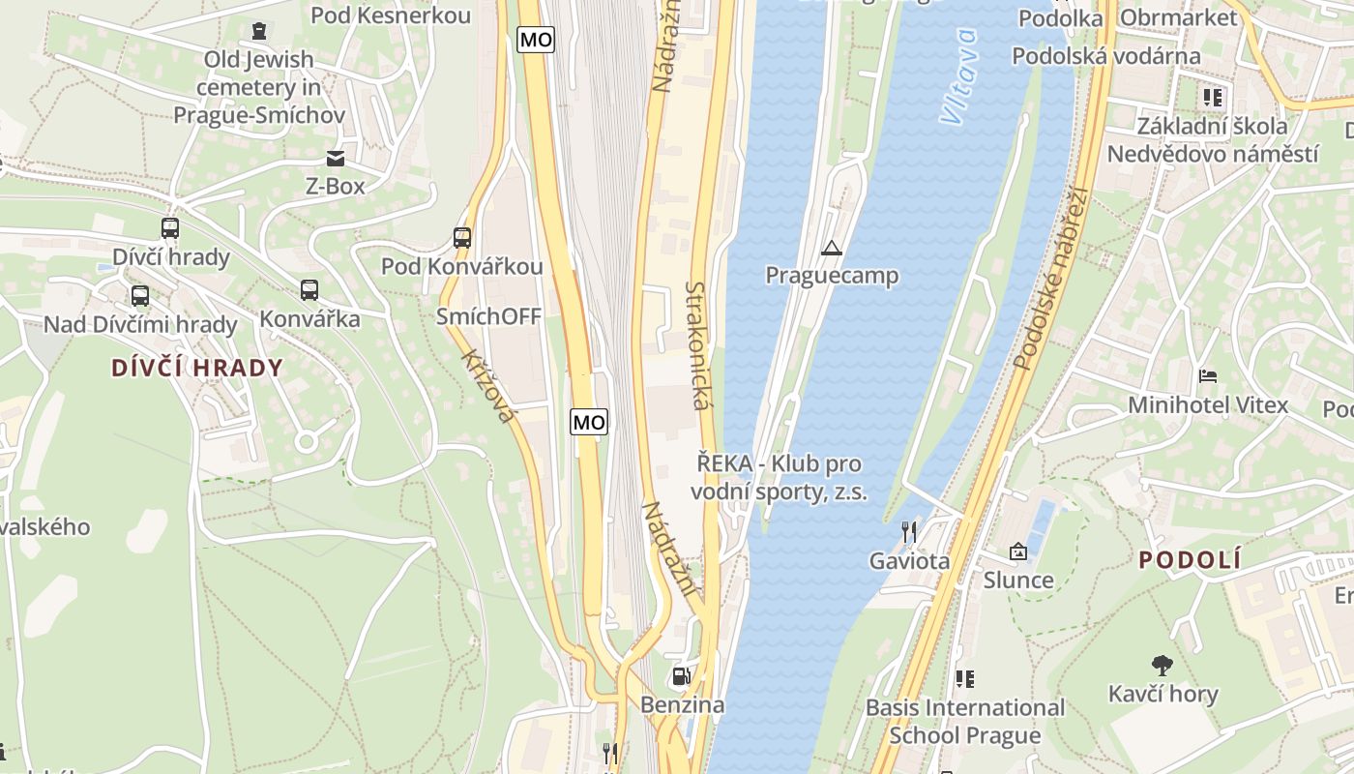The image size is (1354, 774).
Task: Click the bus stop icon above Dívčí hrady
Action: coord(170,228)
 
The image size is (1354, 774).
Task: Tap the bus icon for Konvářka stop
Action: coord(309,289)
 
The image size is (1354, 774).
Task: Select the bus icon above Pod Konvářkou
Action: coord(462,237)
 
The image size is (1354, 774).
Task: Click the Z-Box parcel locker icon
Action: coord(336,158)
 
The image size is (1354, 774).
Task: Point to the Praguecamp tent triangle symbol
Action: coord(832,249)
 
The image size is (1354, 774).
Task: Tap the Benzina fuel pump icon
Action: coord(682,676)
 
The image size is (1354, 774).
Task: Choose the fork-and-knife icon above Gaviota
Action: coord(909,531)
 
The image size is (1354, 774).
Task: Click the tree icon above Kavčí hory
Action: coord(1163,665)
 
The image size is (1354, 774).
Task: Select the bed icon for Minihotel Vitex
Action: coord(1208,375)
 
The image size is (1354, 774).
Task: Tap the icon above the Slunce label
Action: coord(1018,551)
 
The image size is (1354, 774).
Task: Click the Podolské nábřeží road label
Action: coord(1052,279)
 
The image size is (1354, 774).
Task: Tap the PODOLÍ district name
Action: coord(1190,560)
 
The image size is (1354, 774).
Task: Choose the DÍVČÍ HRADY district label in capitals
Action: coord(197,368)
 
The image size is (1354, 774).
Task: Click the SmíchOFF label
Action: coord(488,316)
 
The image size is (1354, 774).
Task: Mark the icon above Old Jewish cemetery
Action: coord(258,31)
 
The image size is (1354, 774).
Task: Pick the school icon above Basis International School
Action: coord(964,679)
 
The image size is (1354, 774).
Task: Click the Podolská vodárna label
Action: coord(1106,56)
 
